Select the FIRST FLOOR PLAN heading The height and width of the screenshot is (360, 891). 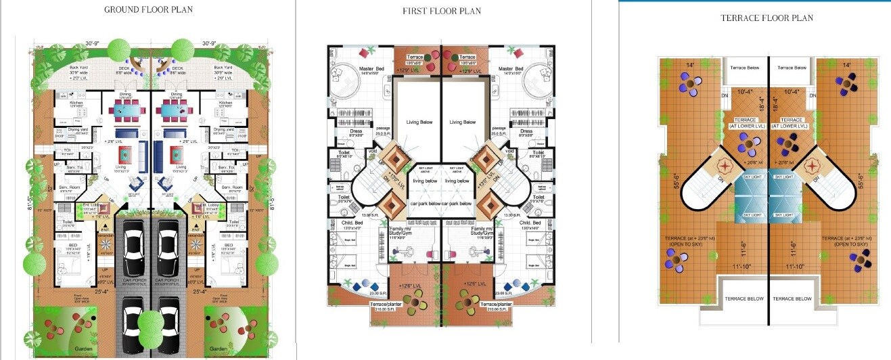coord(441,12)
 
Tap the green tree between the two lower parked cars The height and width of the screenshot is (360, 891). coord(150,321)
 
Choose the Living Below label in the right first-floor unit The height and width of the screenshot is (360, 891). coord(463,122)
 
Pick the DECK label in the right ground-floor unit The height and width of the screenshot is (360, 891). coord(177,68)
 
